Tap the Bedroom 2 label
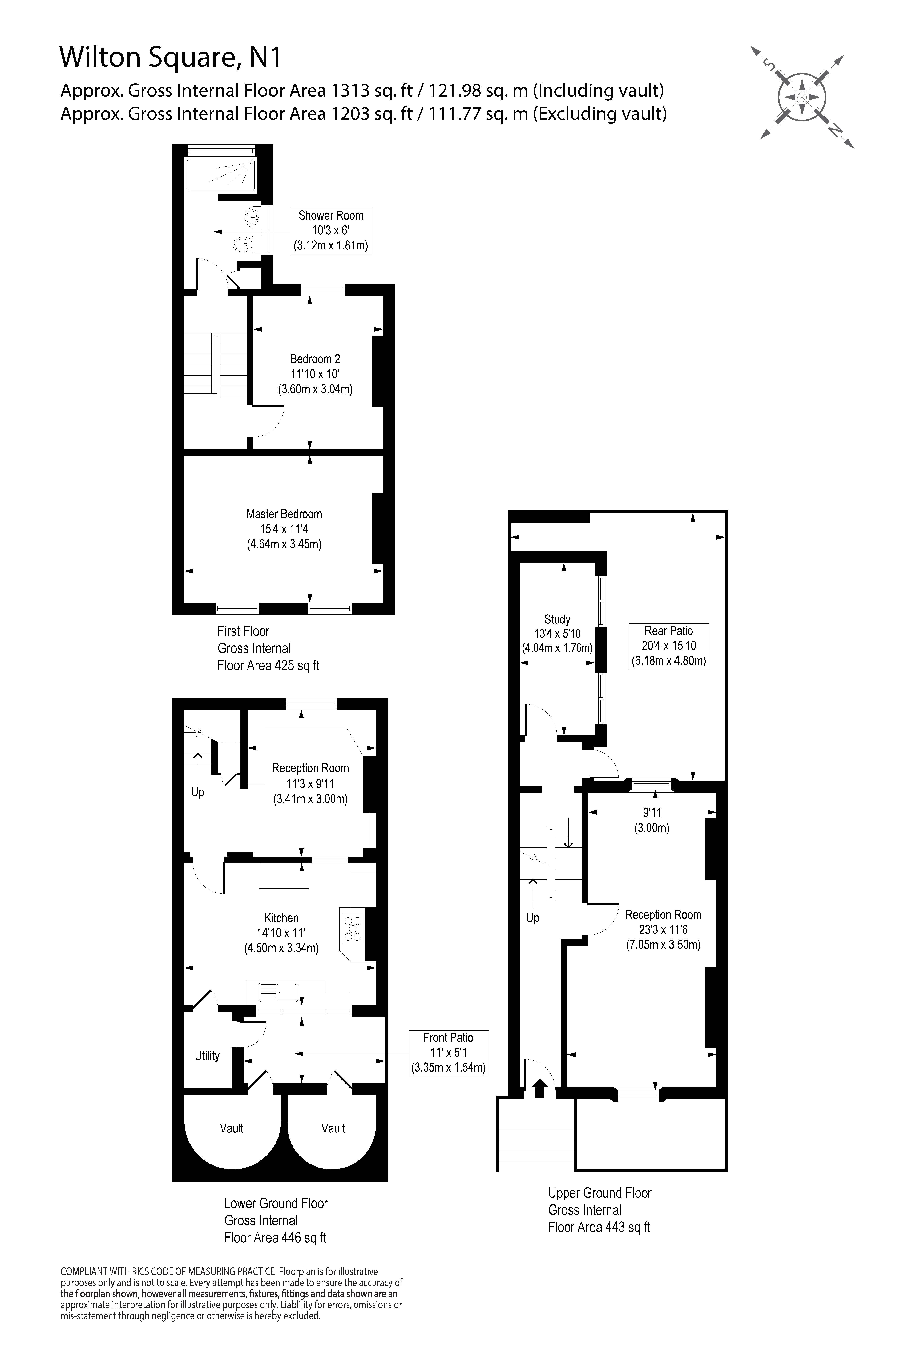click(315, 359)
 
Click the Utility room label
click(207, 1056)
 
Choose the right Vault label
click(333, 1128)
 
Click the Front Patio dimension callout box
click(448, 1053)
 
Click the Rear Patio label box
click(669, 646)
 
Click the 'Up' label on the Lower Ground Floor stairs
click(197, 792)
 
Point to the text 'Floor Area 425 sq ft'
click(268, 665)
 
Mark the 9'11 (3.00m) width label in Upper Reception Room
click(652, 820)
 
